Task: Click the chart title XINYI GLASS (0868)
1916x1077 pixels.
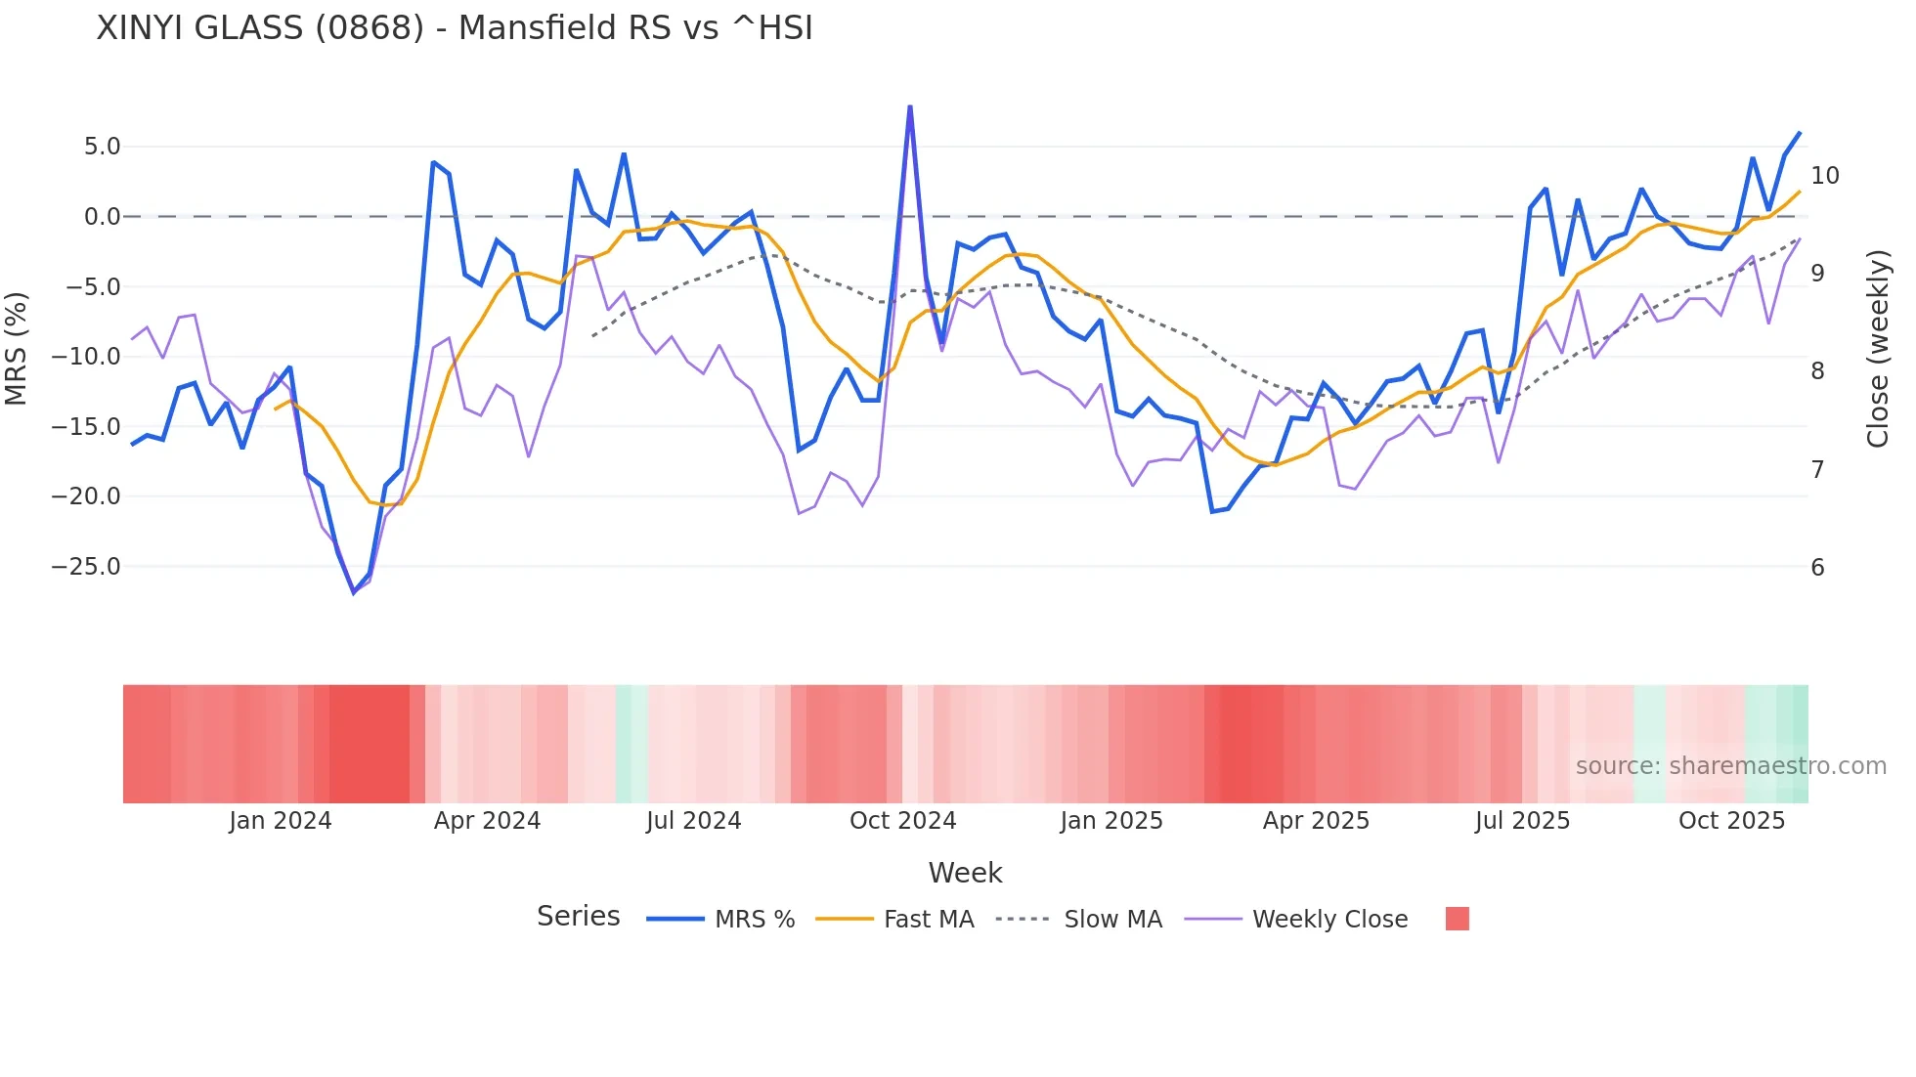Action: [455, 28]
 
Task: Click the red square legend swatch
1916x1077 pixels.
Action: [1457, 919]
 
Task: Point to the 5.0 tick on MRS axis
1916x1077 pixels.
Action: [102, 147]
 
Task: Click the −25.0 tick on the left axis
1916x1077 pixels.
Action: [86, 567]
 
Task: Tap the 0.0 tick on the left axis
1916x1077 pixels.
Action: [102, 217]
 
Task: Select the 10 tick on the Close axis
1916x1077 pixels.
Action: [1824, 176]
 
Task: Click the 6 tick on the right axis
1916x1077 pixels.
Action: [1817, 568]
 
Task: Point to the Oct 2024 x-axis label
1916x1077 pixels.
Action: [902, 821]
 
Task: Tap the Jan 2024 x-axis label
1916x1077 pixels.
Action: [281, 821]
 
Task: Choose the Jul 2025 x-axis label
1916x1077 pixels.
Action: [1522, 821]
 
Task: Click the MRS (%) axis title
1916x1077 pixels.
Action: [17, 349]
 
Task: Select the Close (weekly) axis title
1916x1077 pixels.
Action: [1877, 349]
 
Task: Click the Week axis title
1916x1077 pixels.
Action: [965, 873]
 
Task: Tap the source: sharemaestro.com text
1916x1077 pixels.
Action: [1730, 766]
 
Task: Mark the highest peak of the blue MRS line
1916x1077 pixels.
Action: [910, 107]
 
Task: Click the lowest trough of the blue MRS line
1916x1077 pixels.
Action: [354, 593]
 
